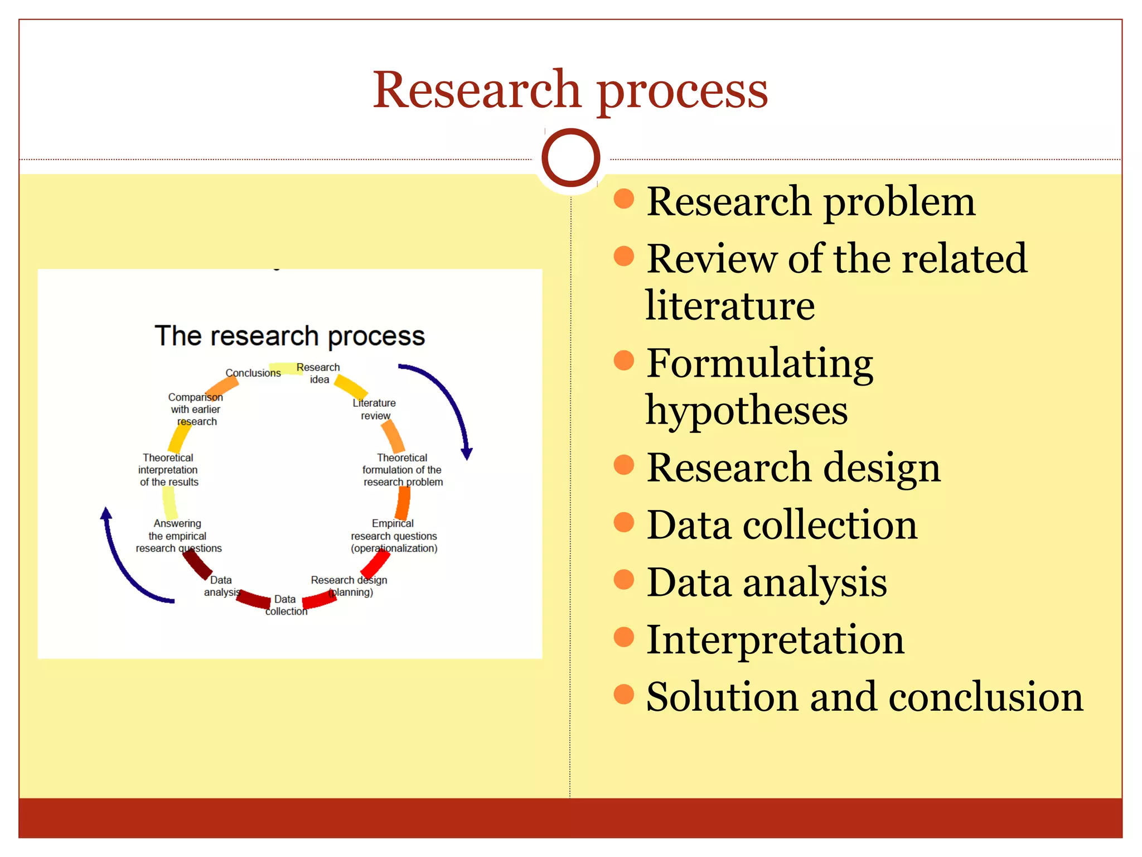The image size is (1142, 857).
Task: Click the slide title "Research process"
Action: coord(570,90)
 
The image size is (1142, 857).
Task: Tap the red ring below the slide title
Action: coord(570,157)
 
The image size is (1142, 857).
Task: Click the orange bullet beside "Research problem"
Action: coord(624,199)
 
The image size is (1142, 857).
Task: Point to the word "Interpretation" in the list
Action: coord(775,639)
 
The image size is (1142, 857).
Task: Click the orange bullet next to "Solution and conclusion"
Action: coord(624,694)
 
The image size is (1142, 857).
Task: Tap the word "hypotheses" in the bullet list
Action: coord(747,410)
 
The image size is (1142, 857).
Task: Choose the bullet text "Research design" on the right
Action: coord(793,468)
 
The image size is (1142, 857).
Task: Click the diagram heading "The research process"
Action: coord(289,336)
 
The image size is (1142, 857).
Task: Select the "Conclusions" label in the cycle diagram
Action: coord(253,373)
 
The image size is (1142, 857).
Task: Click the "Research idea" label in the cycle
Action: coord(318,373)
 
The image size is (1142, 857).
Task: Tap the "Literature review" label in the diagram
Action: coord(374,409)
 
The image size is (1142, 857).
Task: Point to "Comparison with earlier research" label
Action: coord(196,409)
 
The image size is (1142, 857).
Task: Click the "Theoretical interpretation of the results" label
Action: coord(168,470)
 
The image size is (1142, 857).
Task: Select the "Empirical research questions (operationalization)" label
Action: coord(394,536)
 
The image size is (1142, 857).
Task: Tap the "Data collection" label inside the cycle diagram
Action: coord(286,605)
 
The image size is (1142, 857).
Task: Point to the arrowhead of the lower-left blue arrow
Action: coord(106,513)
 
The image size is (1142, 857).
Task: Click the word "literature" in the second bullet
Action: coord(730,306)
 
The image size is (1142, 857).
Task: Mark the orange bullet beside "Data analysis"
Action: coord(624,579)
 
